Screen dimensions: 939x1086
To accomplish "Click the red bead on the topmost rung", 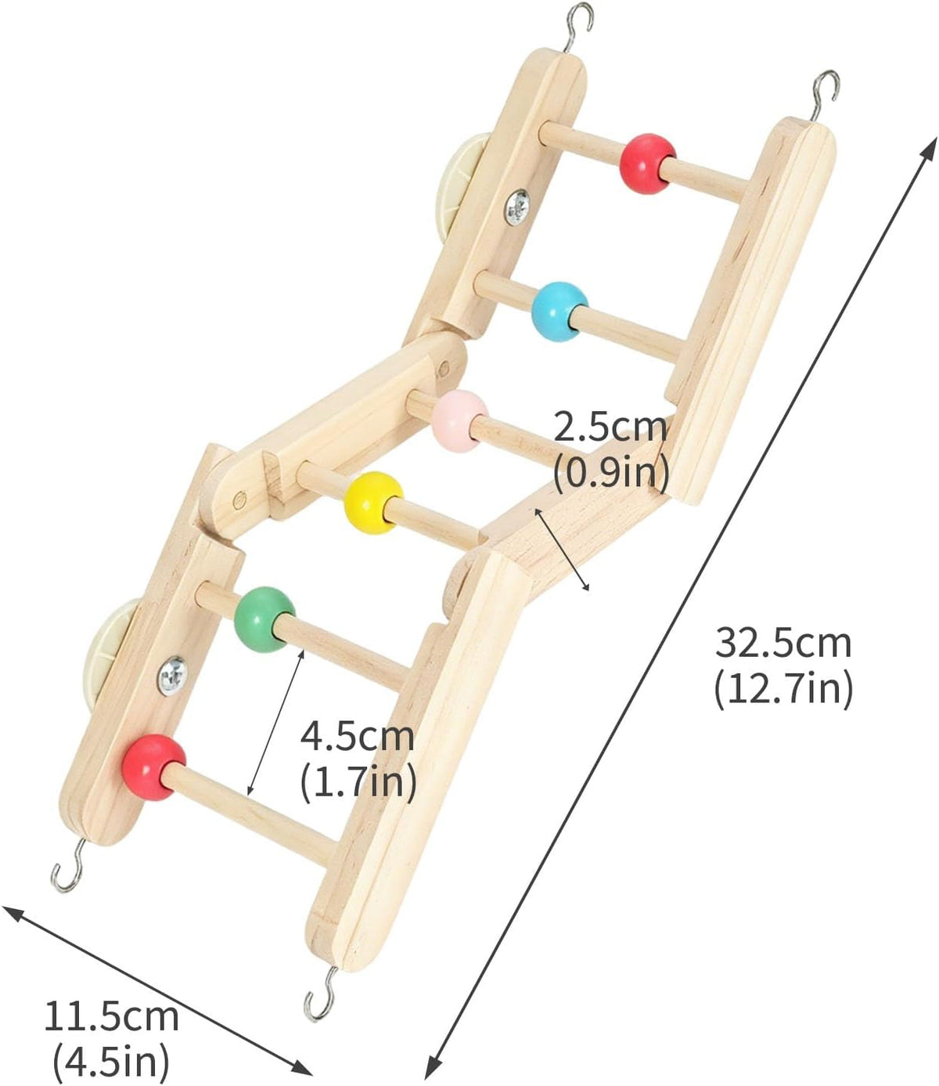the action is tap(648, 164).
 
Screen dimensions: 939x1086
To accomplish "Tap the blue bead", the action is tap(559, 312).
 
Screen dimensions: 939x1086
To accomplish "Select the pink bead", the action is tap(460, 420).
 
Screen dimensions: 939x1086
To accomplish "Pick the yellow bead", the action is tap(373, 503).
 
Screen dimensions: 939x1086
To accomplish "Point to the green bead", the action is tap(264, 619).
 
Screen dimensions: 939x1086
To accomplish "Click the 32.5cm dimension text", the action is tap(783, 643).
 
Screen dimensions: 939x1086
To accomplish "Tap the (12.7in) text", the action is tap(783, 690).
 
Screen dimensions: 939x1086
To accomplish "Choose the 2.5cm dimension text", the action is tap(611, 428).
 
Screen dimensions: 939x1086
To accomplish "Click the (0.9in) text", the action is tap(611, 473).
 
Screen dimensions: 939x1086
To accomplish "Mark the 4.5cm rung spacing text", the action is tap(357, 737).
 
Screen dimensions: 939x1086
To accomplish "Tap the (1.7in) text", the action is tap(358, 782).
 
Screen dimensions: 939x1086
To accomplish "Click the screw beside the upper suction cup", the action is tap(517, 207).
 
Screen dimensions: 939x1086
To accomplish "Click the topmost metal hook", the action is tap(579, 23).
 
